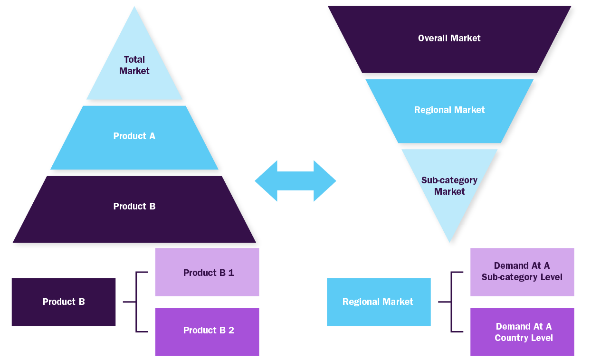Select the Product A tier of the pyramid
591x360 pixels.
134,137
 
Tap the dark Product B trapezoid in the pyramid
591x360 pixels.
134,209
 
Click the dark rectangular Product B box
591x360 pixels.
64,302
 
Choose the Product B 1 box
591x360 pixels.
207,272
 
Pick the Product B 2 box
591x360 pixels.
207,332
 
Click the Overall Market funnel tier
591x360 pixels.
449,39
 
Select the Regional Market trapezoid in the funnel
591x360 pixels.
449,111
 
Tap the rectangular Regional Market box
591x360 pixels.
379,302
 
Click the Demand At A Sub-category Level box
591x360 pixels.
522,272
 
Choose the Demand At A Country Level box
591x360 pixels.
522,332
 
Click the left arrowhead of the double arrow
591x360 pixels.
267,181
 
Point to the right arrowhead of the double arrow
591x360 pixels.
324,181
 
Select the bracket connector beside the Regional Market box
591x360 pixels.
451,302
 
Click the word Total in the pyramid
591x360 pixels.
134,60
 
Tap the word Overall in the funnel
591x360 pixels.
433,38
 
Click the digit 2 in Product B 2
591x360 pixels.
231,330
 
